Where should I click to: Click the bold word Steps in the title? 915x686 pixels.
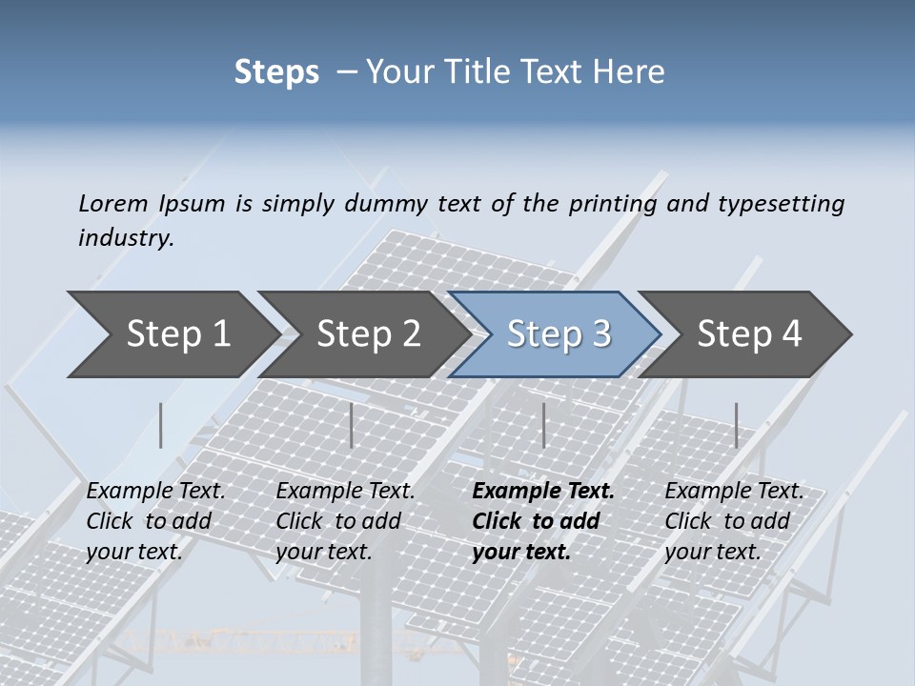tap(276, 72)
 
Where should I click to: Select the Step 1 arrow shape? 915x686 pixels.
tap(177, 334)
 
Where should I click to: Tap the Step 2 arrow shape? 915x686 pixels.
tap(368, 334)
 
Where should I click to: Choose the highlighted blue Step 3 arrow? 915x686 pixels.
tap(559, 334)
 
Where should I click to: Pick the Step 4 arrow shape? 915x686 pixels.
tap(749, 334)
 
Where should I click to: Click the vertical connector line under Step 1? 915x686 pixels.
tap(161, 425)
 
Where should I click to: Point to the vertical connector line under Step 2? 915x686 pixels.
tap(352, 425)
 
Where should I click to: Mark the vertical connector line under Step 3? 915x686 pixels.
tap(543, 425)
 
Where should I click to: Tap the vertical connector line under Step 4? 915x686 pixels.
tap(736, 425)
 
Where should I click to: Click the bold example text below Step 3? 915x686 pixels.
tap(541, 521)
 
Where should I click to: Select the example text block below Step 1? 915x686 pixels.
tap(154, 521)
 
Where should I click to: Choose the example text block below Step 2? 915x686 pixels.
tap(344, 521)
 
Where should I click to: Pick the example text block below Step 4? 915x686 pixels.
tap(733, 521)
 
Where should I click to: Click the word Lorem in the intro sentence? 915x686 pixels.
tap(113, 203)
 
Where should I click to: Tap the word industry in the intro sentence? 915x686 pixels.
tap(125, 238)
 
